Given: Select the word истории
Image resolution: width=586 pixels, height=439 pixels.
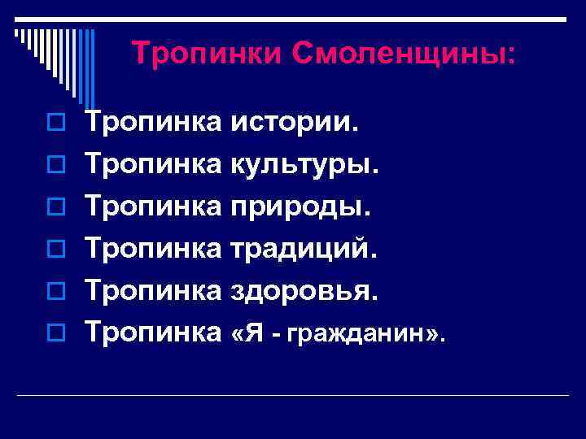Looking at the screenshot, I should [295, 124].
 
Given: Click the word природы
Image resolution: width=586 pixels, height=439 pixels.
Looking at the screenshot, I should [301, 206].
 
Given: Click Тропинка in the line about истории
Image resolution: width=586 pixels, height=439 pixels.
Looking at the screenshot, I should [154, 124].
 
